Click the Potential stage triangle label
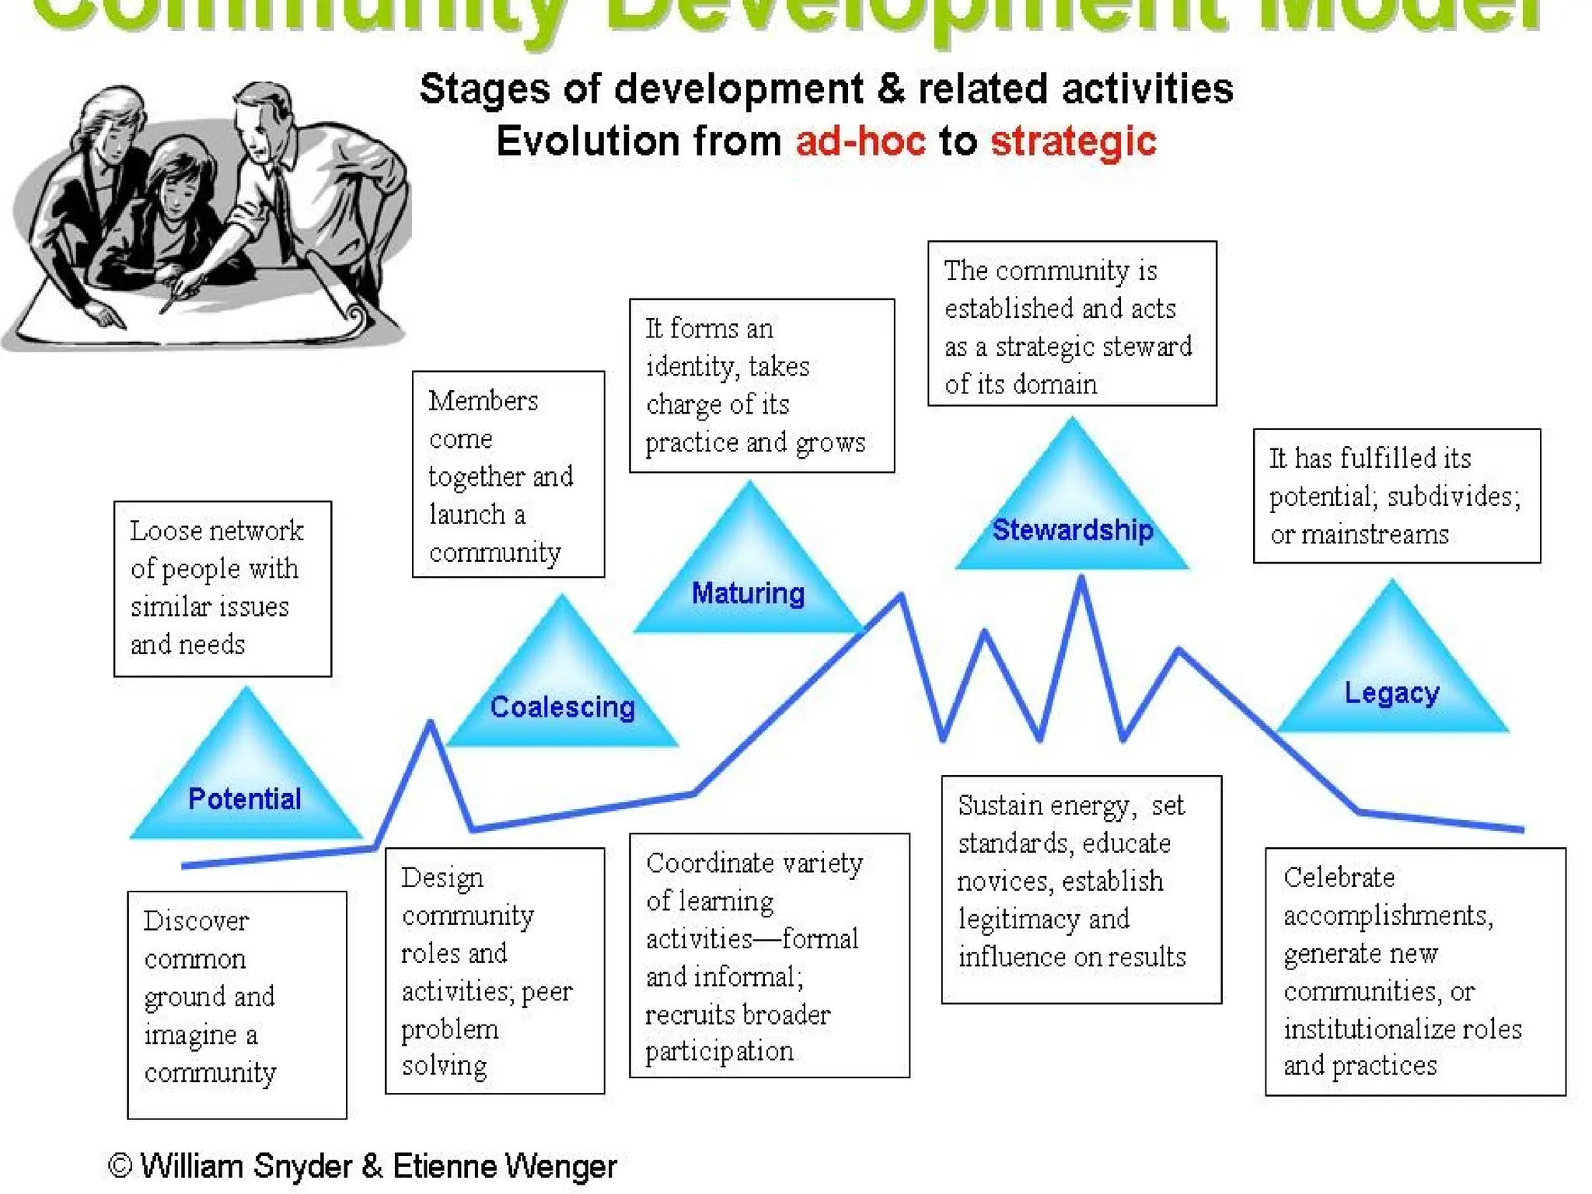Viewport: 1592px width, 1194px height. (x=244, y=799)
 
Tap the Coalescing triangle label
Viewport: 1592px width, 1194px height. (x=562, y=707)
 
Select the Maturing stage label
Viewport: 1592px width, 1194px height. (x=748, y=594)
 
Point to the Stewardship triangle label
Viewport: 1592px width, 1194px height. (x=1073, y=530)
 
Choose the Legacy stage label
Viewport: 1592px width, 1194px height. (x=1391, y=693)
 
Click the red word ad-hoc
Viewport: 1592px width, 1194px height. (x=861, y=142)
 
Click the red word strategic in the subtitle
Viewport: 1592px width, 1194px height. (x=1073, y=142)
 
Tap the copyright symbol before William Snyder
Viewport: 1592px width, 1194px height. (x=120, y=1166)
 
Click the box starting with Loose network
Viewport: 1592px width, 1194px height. (x=222, y=588)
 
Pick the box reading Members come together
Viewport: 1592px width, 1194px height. (x=508, y=474)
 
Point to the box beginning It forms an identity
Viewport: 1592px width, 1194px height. (x=761, y=386)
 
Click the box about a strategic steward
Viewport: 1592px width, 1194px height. (x=1071, y=323)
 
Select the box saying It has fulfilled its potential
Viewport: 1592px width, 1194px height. (x=1396, y=496)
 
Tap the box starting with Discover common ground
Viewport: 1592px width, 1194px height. (x=236, y=1004)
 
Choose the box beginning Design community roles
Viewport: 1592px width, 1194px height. (x=494, y=970)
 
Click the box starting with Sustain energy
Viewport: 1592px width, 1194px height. (x=1081, y=889)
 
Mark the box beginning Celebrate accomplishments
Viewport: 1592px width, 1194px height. (x=1415, y=971)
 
